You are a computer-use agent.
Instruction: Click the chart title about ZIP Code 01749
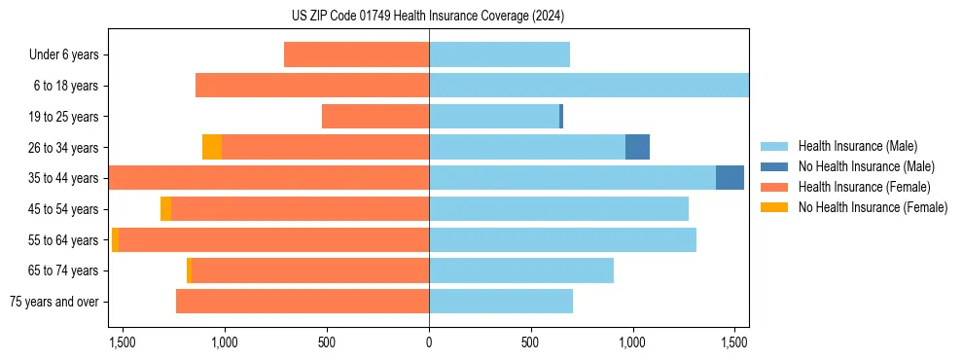428,17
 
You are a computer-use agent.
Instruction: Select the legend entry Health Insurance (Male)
856,146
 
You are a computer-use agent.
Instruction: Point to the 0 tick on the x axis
429,342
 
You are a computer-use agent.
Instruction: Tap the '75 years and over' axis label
54,302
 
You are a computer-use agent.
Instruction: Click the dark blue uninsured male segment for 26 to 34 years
637,147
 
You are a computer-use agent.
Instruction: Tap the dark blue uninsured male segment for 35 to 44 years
730,178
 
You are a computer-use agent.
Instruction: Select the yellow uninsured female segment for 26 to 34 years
212,147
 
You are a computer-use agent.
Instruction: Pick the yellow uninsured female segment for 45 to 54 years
165,209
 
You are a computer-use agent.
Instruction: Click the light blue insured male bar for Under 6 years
499,55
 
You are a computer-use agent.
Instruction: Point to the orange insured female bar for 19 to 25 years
375,117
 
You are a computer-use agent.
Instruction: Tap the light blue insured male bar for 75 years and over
501,302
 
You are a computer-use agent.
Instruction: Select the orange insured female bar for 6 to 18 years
312,86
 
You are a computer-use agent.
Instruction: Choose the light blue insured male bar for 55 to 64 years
562,240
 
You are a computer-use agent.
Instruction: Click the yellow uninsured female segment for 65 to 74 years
189,270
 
